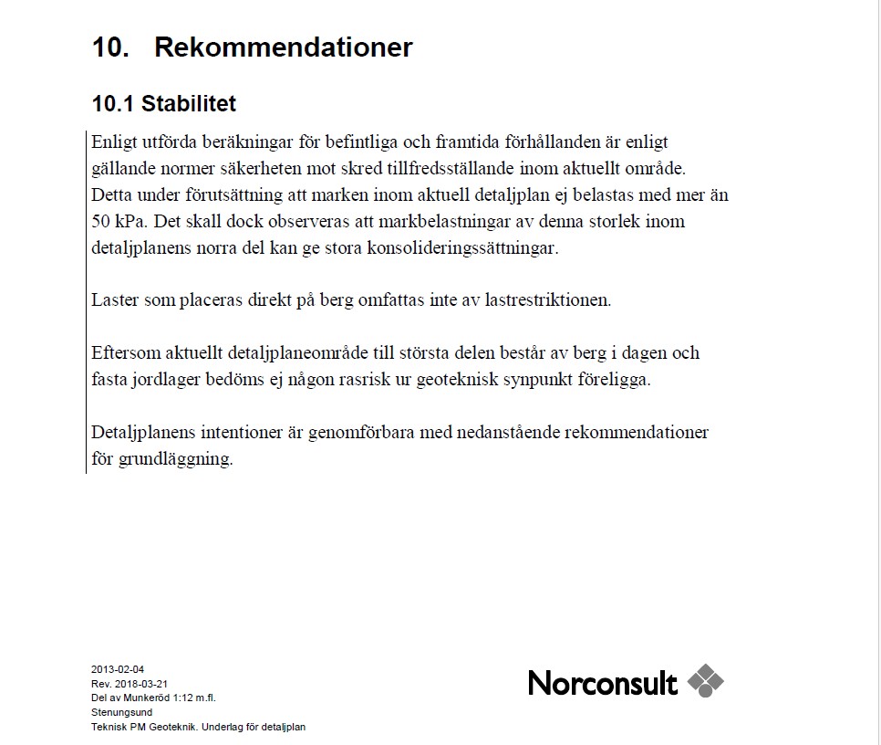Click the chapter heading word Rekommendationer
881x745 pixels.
tap(283, 47)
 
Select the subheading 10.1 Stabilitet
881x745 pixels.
tap(164, 104)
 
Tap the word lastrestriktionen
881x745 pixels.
tap(535, 299)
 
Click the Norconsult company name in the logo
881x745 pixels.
tap(602, 683)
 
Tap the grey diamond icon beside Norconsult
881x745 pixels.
tap(705, 681)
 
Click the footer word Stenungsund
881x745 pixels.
tap(121, 712)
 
